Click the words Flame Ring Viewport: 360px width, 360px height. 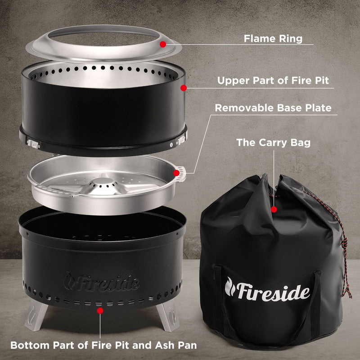click(x=273, y=38)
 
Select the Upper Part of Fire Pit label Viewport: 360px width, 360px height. click(x=272, y=81)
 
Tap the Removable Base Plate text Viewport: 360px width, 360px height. click(x=273, y=108)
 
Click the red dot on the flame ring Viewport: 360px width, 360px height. click(x=163, y=44)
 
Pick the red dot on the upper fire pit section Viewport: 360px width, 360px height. click(x=184, y=88)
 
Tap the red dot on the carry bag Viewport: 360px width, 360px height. click(x=274, y=209)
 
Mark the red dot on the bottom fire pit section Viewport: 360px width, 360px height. click(x=100, y=310)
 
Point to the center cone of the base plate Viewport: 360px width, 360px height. click(x=103, y=182)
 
